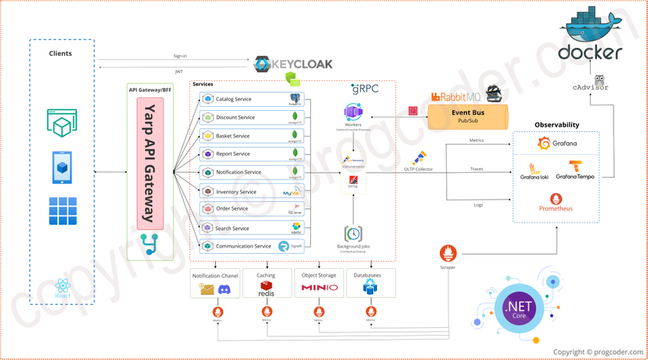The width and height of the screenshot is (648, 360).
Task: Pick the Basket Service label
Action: pos(232,136)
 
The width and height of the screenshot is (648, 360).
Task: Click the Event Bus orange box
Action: pos(467,116)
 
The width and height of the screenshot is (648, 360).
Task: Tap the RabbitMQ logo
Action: pos(456,97)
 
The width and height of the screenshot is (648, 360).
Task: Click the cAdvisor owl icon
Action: pos(600,79)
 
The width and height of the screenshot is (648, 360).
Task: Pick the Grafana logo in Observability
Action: pos(556,144)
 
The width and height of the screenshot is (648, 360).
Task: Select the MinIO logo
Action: pos(319,288)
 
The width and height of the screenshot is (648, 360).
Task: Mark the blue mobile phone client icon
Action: pos(62,167)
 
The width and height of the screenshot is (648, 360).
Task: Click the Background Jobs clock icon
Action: pos(353,234)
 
